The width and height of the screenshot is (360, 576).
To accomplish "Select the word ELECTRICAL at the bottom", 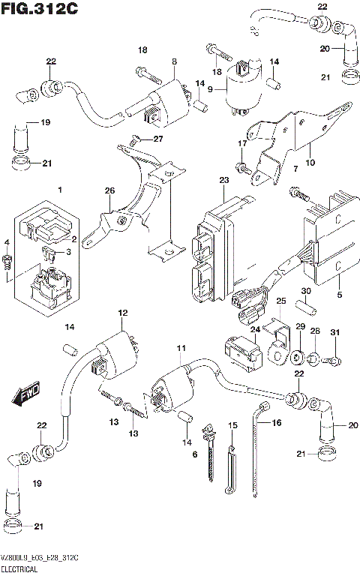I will [x=23, y=570].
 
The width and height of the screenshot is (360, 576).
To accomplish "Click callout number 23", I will [x=223, y=180].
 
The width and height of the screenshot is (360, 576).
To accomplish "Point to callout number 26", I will [x=109, y=190].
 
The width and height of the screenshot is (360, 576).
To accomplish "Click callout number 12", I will [x=122, y=312].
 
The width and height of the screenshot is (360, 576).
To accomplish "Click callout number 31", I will [x=334, y=333].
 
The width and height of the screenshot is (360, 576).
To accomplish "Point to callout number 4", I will [x=7, y=242].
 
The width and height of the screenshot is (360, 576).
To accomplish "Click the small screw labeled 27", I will [x=136, y=139].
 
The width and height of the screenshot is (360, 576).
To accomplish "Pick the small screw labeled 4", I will [x=7, y=262].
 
